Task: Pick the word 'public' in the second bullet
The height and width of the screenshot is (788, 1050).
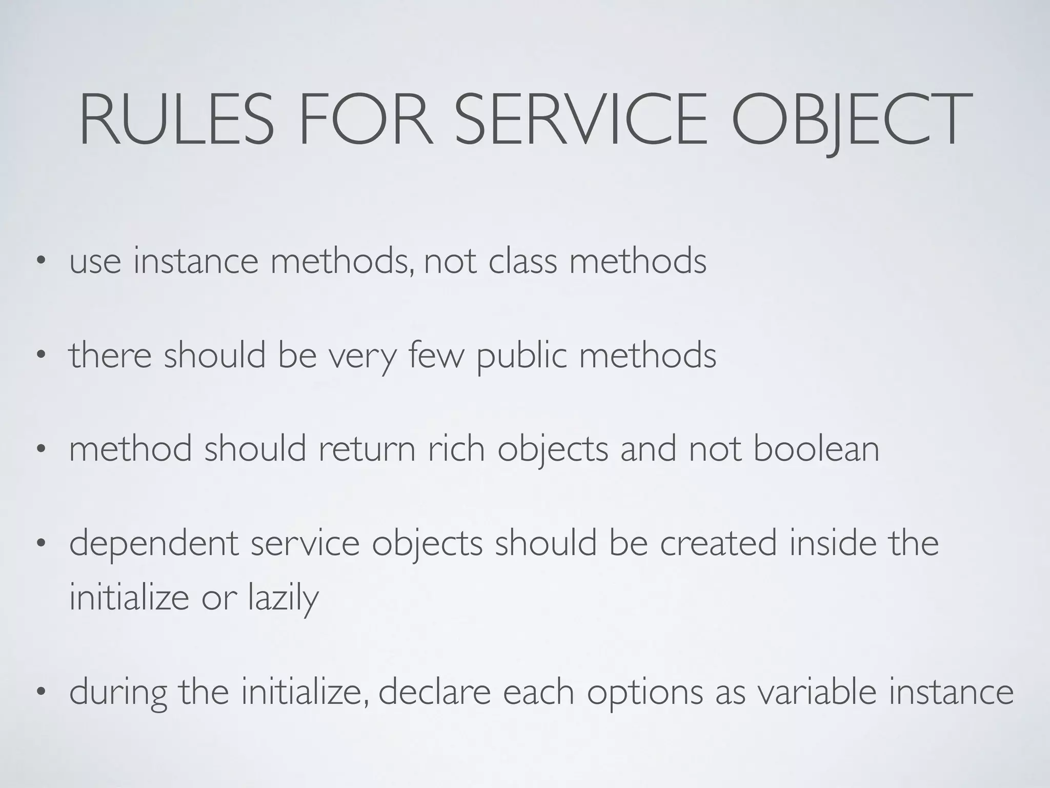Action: (522, 356)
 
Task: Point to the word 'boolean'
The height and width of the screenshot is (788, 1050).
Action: (816, 448)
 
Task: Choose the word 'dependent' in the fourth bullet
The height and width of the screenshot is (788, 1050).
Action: (154, 544)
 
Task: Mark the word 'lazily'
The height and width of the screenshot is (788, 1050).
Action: (283, 598)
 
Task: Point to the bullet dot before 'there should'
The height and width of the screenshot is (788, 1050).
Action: (41, 356)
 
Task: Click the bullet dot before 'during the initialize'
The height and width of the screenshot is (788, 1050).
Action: (41, 692)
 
